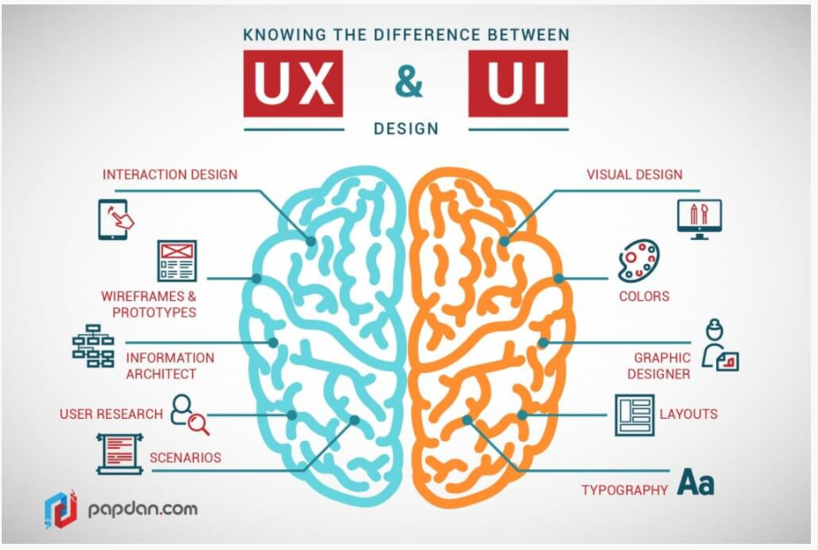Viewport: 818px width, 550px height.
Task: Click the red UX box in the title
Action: coord(293,84)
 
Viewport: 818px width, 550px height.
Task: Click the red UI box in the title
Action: coord(518,84)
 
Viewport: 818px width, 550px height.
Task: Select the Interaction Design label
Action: coord(170,174)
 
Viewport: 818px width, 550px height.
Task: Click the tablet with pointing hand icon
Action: coord(115,219)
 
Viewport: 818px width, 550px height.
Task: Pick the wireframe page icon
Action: coord(177,260)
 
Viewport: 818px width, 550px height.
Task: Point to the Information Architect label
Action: coord(170,366)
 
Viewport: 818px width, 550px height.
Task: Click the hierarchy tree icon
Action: coord(93,346)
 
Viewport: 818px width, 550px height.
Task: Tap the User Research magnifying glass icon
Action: coord(190,414)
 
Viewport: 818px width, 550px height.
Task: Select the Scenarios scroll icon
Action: coord(120,453)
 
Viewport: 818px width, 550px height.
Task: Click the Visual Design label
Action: coord(635,174)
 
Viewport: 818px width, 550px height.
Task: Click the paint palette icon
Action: coord(638,261)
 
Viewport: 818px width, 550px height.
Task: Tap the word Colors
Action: coord(644,296)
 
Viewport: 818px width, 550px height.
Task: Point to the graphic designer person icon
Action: coord(718,346)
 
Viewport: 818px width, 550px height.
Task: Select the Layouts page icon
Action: coord(634,414)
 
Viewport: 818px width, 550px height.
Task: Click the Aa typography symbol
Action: coord(695,483)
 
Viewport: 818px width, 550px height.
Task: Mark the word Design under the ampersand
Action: coord(406,128)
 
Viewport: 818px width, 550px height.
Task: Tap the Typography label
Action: coord(624,490)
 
